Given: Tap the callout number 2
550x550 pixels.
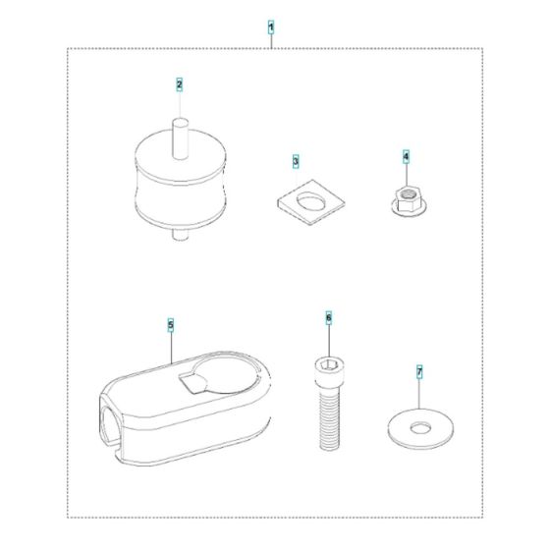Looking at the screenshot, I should [x=180, y=84].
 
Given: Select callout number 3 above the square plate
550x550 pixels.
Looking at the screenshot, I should [x=296, y=159].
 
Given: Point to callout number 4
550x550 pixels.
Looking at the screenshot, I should [x=405, y=156].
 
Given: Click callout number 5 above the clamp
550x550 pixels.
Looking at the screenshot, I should [x=171, y=323].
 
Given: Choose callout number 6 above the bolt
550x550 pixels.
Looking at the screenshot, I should [x=328, y=318].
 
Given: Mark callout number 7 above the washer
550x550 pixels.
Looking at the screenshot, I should [x=419, y=372].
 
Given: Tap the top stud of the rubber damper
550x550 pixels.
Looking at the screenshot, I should [x=180, y=132].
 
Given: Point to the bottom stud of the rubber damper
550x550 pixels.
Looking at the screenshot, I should [x=179, y=235].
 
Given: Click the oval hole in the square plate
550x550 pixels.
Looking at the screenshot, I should [x=307, y=199].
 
